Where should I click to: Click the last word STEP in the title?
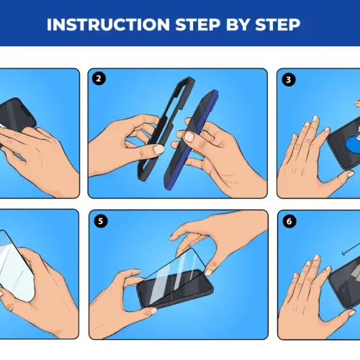tap(276, 24)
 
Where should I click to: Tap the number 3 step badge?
tap(289, 79)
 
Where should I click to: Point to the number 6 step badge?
tap(289, 221)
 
